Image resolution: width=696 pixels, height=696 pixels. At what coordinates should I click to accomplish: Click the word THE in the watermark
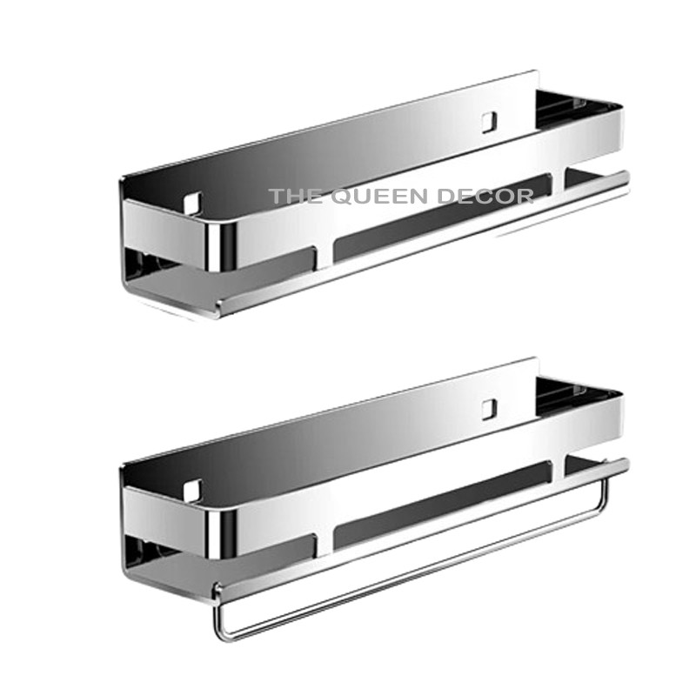click(291, 197)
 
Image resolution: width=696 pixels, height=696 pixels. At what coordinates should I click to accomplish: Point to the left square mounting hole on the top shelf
click(192, 203)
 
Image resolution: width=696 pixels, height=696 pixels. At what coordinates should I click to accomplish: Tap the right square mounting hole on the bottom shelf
click(490, 406)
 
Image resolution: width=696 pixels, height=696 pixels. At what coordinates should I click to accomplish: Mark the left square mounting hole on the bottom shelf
click(192, 489)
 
